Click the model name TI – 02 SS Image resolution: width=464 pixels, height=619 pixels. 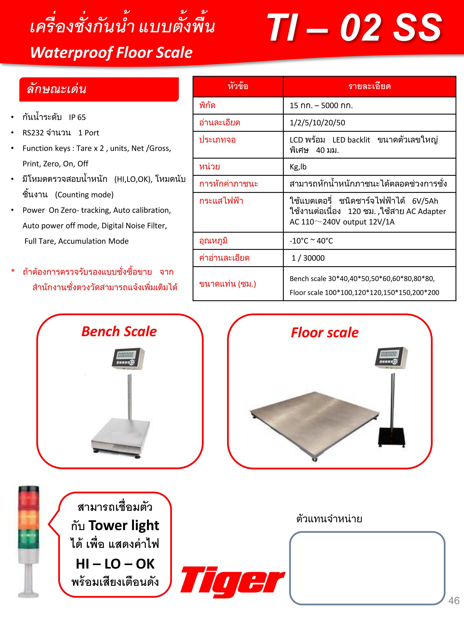click(x=354, y=28)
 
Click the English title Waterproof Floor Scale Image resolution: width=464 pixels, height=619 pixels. click(x=111, y=53)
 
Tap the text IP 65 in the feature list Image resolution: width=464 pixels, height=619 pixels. click(x=77, y=117)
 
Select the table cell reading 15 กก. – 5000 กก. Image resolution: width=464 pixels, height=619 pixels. click(x=321, y=105)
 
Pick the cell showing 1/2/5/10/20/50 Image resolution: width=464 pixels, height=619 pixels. click(x=317, y=123)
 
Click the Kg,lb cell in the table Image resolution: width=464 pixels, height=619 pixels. click(x=298, y=167)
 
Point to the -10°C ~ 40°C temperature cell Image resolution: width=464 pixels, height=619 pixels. click(x=311, y=241)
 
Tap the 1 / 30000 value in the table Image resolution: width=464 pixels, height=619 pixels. click(x=308, y=258)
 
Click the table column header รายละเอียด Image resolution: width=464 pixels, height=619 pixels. click(x=369, y=86)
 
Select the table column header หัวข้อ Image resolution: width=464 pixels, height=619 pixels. click(x=238, y=86)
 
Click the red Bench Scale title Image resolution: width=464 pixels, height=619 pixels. click(x=119, y=332)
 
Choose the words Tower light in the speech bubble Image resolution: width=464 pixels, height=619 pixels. click(x=124, y=526)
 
